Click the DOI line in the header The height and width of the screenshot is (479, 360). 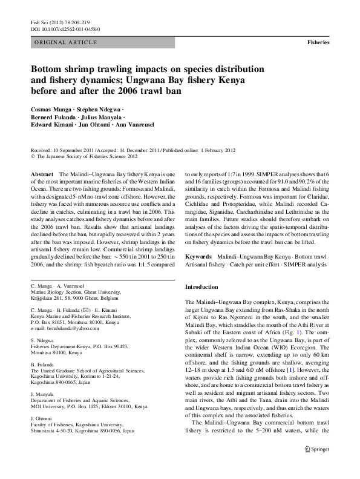tap(65, 28)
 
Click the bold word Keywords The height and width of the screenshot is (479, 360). tap(198, 257)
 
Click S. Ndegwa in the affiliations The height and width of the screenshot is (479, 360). tap(42, 341)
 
